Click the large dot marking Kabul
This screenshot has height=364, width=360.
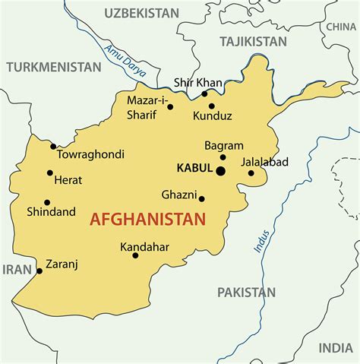(x=220, y=172)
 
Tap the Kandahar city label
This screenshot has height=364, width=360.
(x=144, y=247)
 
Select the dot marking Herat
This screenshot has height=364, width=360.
(x=50, y=173)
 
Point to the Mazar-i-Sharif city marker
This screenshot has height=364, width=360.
(x=170, y=107)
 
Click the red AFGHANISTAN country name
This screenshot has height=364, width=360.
(x=147, y=220)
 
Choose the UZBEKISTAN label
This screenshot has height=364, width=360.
(x=142, y=13)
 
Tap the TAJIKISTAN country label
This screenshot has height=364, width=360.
(x=254, y=41)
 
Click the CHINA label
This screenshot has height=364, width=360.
(x=341, y=27)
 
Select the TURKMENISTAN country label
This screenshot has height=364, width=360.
(x=54, y=67)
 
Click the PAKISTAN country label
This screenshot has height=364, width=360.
(x=246, y=292)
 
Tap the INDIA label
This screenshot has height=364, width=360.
(x=335, y=347)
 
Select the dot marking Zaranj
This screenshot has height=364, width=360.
(x=39, y=271)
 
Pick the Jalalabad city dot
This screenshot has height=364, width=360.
(x=251, y=173)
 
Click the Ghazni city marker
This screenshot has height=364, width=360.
(x=202, y=199)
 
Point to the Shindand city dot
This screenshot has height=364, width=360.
(x=47, y=203)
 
